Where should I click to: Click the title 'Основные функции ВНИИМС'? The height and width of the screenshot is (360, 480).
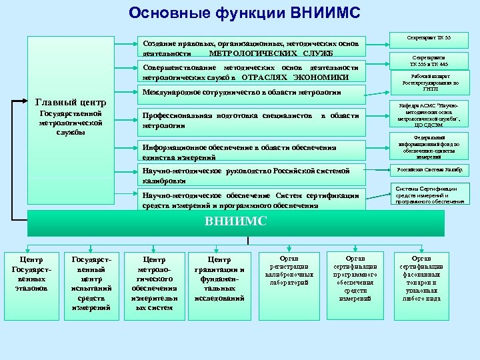pyautogui.click(x=244, y=13)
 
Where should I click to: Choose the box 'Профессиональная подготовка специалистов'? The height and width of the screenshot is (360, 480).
pyautogui.click(x=251, y=120)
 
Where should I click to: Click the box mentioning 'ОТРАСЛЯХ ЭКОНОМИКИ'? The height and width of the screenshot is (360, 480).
pyautogui.click(x=251, y=72)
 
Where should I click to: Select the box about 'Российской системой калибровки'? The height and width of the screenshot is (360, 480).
pyautogui.click(x=251, y=175)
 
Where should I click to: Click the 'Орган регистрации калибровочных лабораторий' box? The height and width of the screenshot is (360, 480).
pyautogui.click(x=289, y=269)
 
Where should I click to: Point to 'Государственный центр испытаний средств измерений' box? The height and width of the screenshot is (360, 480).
pyautogui.click(x=91, y=283)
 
